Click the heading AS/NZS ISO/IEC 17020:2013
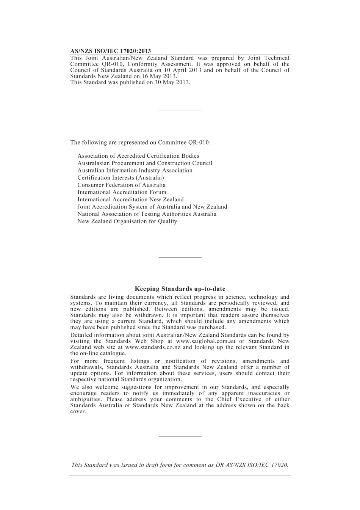pos(110,51)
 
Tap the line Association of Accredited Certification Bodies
pos(138,156)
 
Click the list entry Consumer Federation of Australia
pos(121,185)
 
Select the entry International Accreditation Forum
pos(122,192)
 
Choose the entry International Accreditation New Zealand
pos(130,199)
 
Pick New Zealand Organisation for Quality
pos(127,221)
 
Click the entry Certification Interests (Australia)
pos(121,178)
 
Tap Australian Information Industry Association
pos(135,171)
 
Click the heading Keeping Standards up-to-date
pos(180,289)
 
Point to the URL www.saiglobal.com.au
pos(205,341)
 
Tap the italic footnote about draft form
pos(180,465)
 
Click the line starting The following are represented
pos(140,143)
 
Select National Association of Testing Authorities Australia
pos(147,214)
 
